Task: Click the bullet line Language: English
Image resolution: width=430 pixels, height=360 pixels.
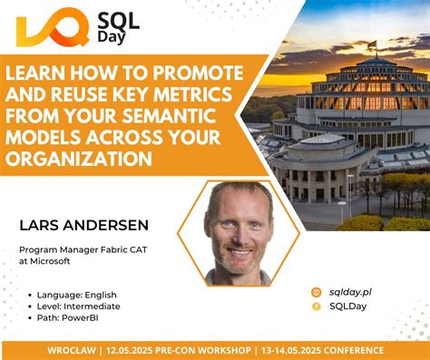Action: [77, 295]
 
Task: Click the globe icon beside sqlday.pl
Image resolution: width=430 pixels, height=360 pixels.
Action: [317, 292]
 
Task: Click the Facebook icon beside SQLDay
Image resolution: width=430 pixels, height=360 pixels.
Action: [317, 306]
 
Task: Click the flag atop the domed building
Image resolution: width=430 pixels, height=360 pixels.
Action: [371, 44]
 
